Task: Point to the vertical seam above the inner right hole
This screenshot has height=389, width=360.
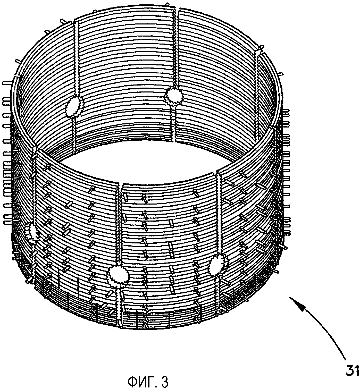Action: point(177,49)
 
